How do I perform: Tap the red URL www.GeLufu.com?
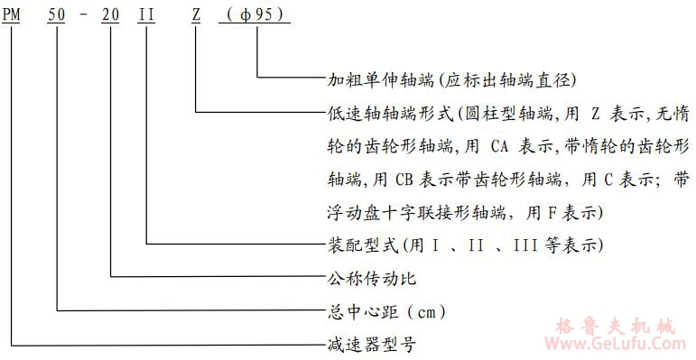[617, 343]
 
